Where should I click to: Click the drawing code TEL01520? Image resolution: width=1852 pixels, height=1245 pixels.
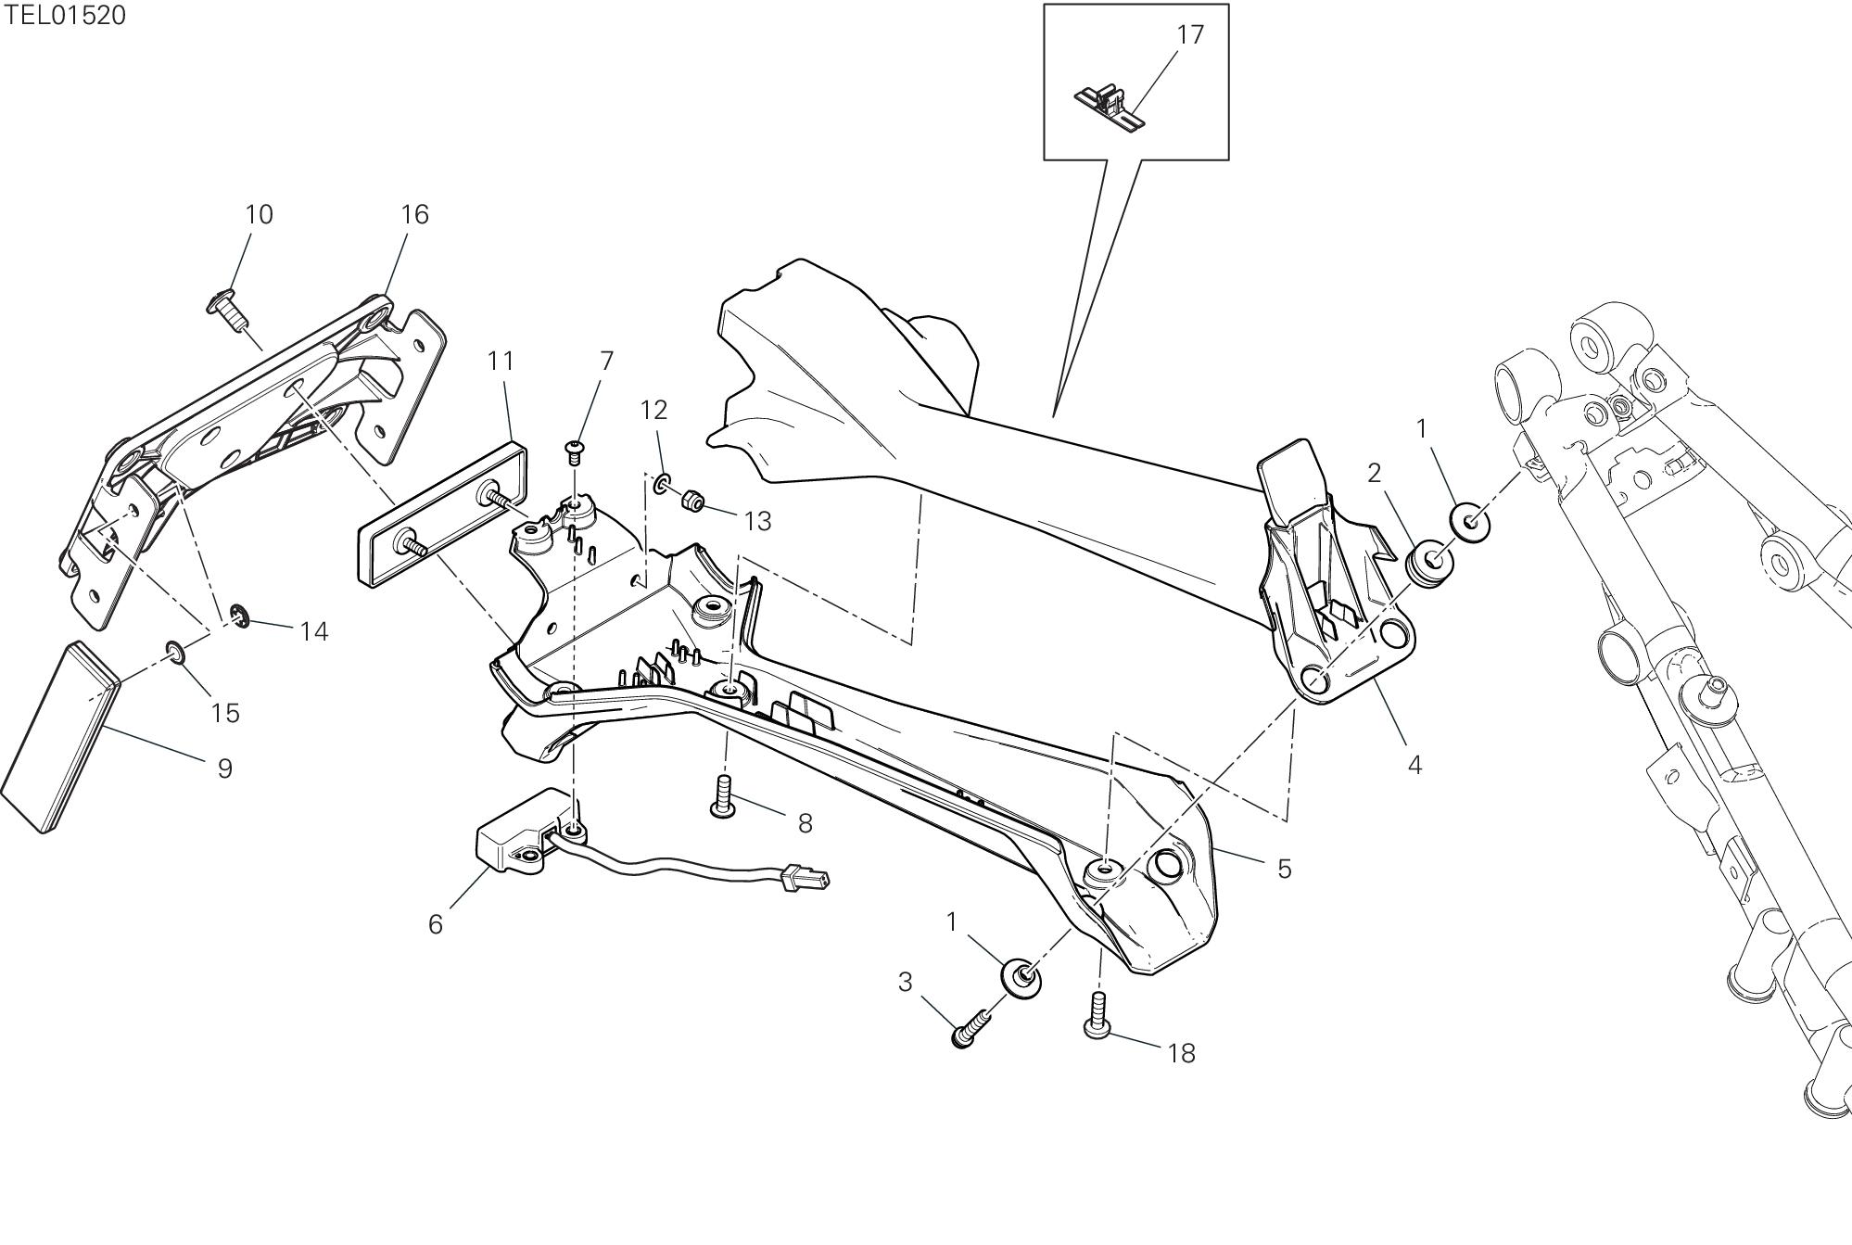[x=64, y=15]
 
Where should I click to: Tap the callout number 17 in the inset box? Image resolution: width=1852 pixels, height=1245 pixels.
[x=1190, y=35]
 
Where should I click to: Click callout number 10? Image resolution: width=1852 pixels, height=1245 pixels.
[x=259, y=214]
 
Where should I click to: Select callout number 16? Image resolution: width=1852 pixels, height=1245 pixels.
[x=414, y=214]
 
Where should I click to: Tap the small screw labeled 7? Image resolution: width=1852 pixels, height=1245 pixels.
[x=575, y=452]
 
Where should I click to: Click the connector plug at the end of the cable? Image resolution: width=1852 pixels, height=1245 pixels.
[x=804, y=876]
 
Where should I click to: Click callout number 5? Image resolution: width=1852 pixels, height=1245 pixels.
[x=1284, y=869]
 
